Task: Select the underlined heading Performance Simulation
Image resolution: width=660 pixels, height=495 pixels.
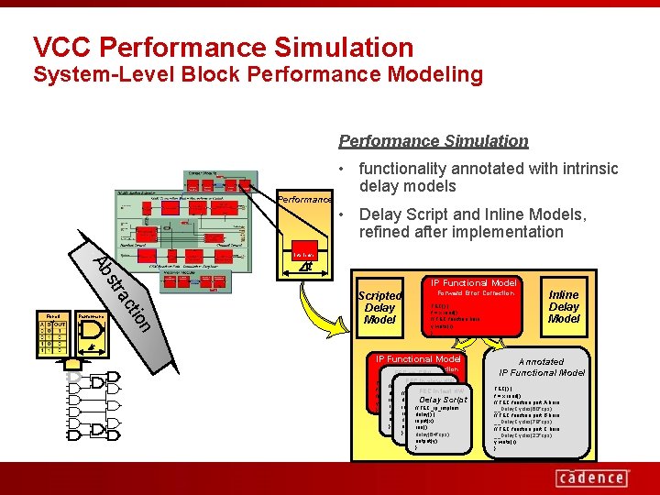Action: click(x=434, y=141)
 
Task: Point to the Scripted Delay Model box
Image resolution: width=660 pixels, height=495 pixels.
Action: click(x=379, y=308)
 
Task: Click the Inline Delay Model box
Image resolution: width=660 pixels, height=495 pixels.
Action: click(x=564, y=307)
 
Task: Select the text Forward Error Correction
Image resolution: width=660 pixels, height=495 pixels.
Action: click(x=475, y=294)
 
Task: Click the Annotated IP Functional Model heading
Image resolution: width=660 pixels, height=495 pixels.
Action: click(x=542, y=368)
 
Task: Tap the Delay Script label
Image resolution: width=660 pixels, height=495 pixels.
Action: click(x=443, y=401)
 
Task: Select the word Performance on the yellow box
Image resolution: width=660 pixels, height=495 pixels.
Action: click(x=303, y=199)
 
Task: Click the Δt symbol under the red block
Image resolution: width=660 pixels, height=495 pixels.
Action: click(x=305, y=267)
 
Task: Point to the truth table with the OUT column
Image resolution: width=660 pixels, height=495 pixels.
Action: click(x=52, y=335)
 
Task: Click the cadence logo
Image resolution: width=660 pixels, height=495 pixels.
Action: click(x=592, y=478)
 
